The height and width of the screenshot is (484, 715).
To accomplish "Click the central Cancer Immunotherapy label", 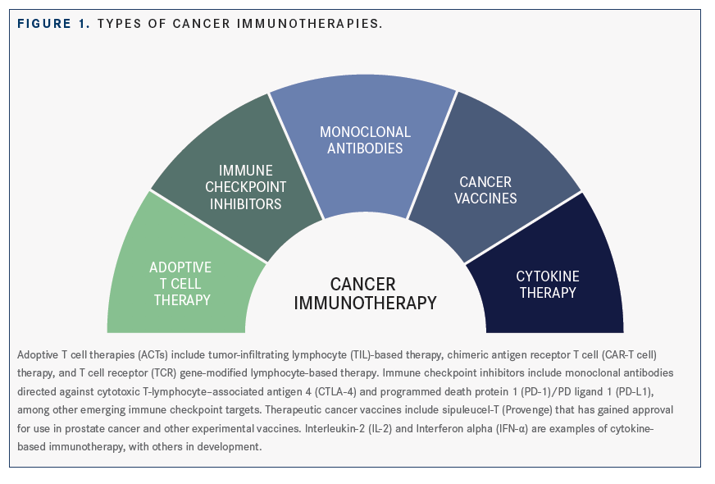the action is coord(365,294).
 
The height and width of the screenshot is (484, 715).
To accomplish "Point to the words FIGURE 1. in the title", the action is coord(54,24).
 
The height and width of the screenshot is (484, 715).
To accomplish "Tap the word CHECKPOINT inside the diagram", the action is coord(246,187).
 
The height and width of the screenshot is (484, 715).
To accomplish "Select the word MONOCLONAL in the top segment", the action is coord(365,132).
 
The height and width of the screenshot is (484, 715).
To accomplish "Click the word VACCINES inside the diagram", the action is coord(485,199).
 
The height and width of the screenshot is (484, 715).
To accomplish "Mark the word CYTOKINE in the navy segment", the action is coord(548,276).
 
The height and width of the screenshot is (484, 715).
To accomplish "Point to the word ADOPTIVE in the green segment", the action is coord(180,267).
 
